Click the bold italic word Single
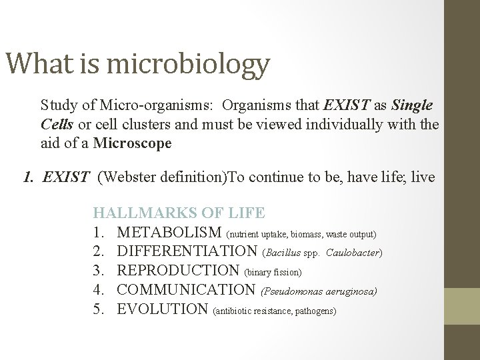pyautogui.click(x=412, y=105)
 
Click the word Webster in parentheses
pyautogui.click(x=126, y=177)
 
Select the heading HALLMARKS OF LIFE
pyautogui.click(x=179, y=213)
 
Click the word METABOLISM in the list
pyautogui.click(x=170, y=233)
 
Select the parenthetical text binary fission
pyautogui.click(x=274, y=273)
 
